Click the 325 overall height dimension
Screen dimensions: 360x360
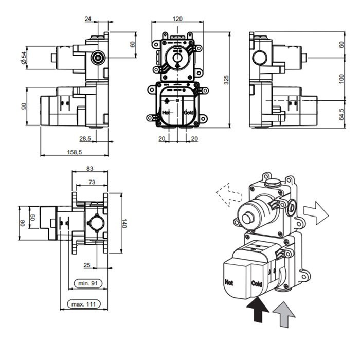click(226, 79)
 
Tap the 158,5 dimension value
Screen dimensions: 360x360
click(75, 152)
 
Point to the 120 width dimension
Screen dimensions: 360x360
click(177, 19)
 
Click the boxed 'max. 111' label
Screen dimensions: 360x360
click(84, 305)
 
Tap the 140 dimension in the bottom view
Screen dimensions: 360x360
click(124, 223)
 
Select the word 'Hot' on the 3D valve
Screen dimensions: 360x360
click(229, 282)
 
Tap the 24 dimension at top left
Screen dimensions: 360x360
click(88, 19)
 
